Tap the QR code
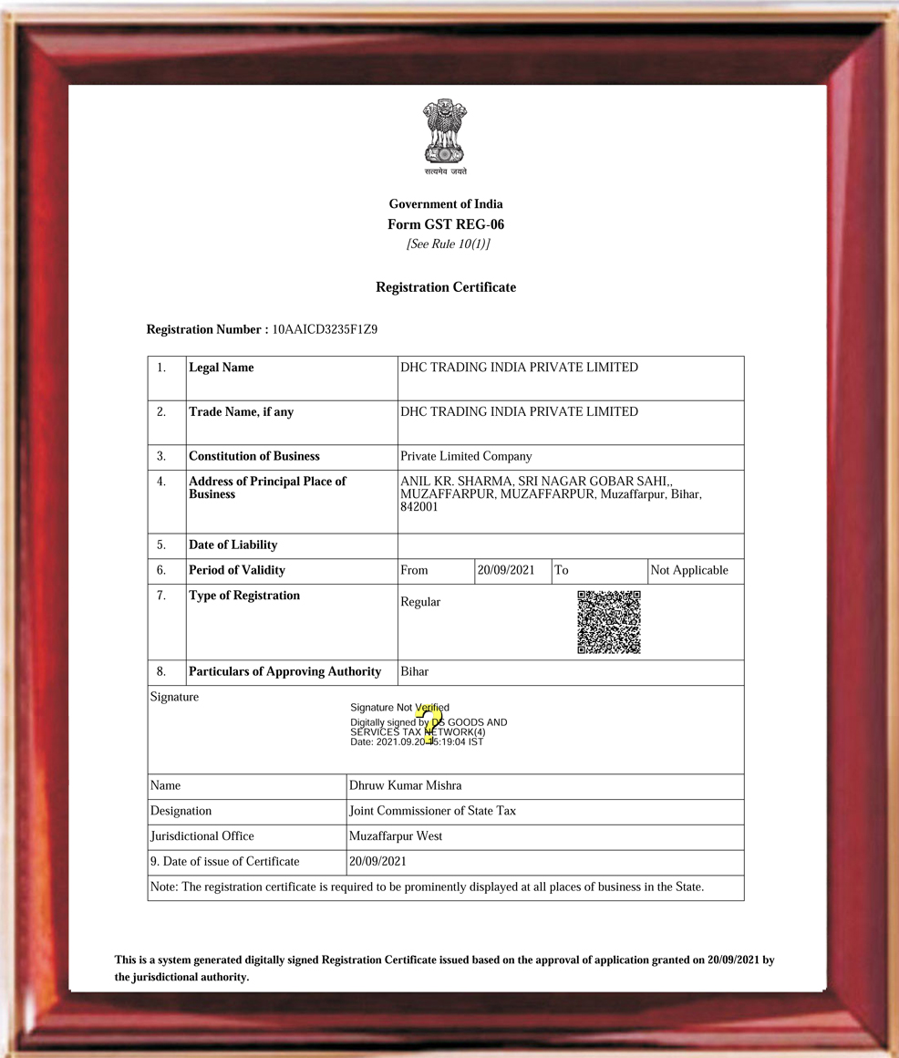(x=609, y=622)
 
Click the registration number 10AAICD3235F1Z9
(x=325, y=329)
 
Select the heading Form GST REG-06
(x=446, y=224)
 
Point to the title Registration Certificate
(x=446, y=287)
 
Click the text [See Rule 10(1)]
(x=448, y=244)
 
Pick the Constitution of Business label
(x=254, y=456)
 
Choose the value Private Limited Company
(x=466, y=456)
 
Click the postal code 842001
(x=419, y=507)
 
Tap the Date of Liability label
(x=232, y=545)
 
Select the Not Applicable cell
(x=689, y=570)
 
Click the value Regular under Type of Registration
(x=420, y=602)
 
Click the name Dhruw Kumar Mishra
(x=405, y=785)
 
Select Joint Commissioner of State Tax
(x=432, y=811)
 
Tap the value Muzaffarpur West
(x=396, y=836)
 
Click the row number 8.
(x=161, y=671)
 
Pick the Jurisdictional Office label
(x=202, y=836)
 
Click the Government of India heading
(x=446, y=204)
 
